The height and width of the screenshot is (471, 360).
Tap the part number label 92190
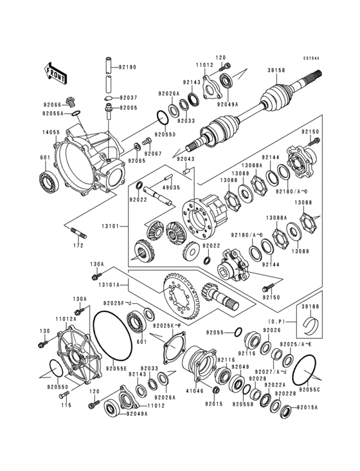[x=129, y=67]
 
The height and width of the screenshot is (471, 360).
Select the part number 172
[x=78, y=245]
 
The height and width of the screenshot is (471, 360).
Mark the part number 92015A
[x=307, y=407]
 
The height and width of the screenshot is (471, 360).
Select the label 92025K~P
[x=169, y=326]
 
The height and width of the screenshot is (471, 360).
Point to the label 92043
[x=186, y=160]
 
